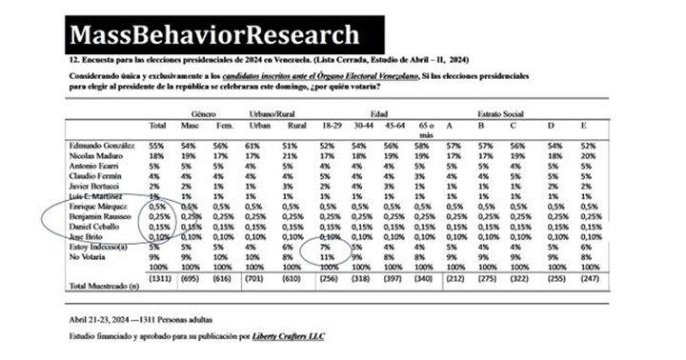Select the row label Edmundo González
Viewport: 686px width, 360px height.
100,144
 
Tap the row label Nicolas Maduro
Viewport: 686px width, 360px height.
96,154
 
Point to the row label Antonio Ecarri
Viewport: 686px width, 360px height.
93,166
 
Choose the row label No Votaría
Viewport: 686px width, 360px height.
91,257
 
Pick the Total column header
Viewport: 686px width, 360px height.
158,127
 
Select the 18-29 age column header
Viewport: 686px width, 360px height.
335,127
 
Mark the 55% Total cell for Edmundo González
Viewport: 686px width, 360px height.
157,144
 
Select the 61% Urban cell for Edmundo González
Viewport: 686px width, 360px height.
254,144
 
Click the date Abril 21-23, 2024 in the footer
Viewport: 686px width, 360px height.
97,319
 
